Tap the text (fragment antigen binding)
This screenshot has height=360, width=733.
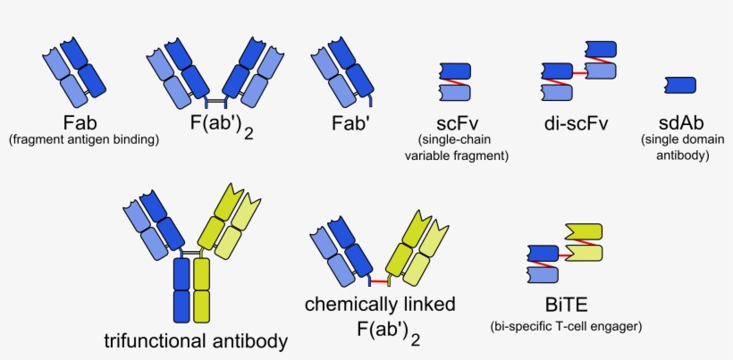coord(83,139)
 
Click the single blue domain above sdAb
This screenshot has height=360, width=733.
coord(681,84)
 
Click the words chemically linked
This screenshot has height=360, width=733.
coord(380,305)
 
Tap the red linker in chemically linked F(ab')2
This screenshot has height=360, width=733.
coord(378,282)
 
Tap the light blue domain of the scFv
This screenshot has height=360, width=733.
coord(455,91)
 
